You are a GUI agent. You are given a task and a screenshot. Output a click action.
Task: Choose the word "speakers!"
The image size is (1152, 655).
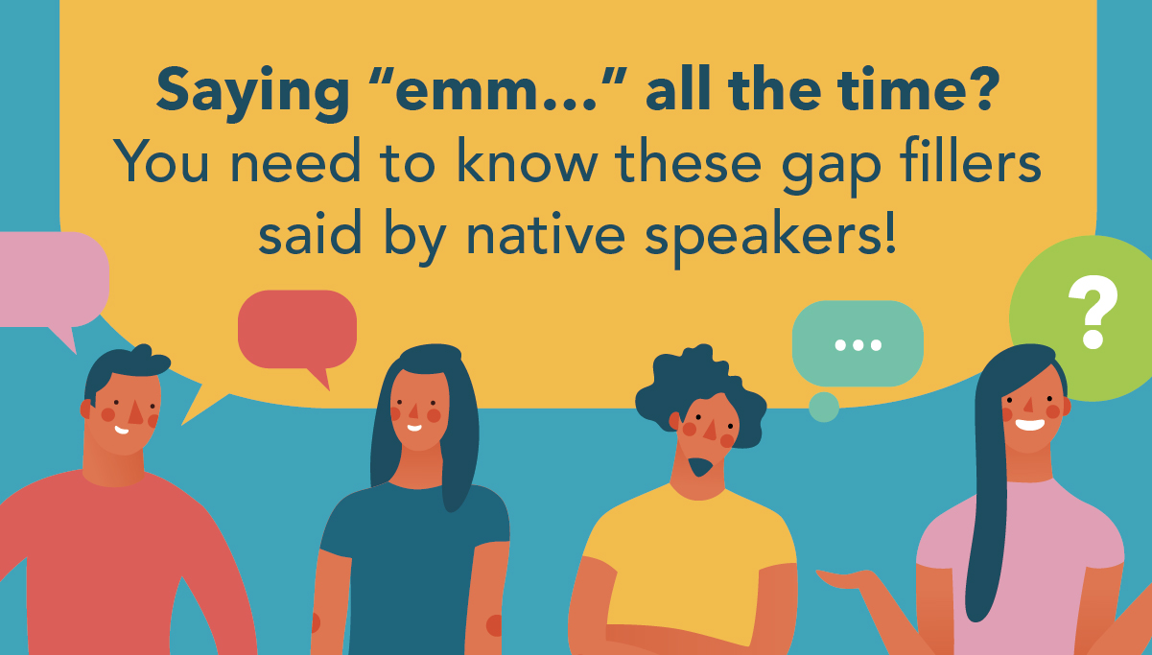771,237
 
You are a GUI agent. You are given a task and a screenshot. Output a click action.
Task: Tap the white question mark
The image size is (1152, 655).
1093,312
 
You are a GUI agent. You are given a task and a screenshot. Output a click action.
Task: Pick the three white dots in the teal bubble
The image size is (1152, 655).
858,345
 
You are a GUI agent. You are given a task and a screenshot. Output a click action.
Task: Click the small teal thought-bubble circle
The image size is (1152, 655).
824,408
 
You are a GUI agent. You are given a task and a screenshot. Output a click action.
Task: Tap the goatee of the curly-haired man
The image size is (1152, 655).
700,466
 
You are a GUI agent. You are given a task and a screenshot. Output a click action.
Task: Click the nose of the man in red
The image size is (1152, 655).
135,412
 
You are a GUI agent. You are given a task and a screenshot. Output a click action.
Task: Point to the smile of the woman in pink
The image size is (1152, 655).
1029,425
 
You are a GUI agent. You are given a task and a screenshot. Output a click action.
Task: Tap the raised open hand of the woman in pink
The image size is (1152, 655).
849,579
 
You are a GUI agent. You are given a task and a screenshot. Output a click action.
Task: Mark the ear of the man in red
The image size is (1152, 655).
86,409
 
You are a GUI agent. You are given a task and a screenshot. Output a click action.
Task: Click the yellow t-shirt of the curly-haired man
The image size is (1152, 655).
689,566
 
